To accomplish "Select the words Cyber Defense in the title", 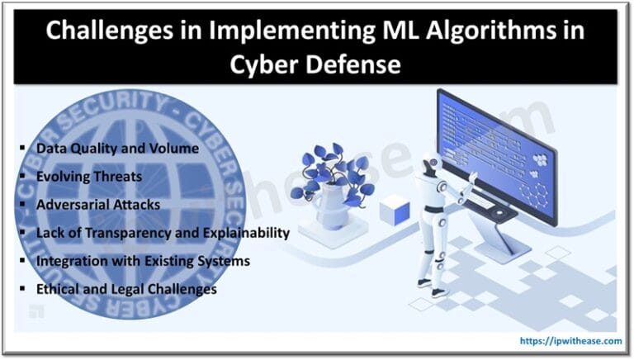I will point(316,64).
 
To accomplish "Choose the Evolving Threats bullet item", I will point(88,177).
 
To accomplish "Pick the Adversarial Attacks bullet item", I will point(97,205).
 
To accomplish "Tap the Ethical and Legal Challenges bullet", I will point(126,289).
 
